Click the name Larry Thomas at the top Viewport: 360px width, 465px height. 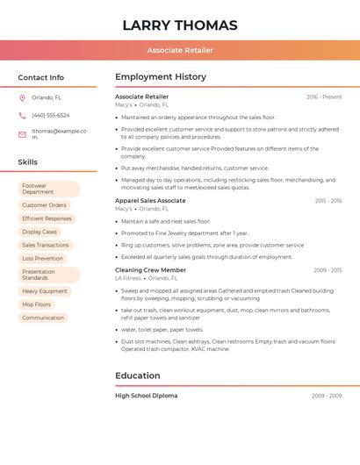coord(180,25)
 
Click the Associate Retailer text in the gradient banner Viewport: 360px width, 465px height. coord(180,50)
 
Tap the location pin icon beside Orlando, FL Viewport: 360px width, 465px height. coord(22,97)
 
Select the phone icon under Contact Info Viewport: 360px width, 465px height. coord(22,115)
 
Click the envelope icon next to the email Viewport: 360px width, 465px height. coord(22,134)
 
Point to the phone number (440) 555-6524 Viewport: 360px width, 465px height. coord(50,115)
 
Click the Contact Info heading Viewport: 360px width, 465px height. coord(40,77)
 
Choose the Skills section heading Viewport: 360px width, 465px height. coord(28,162)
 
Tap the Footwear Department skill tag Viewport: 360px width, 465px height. coord(47,189)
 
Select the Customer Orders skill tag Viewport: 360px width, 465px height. coord(44,205)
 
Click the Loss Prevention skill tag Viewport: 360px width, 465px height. coord(42,259)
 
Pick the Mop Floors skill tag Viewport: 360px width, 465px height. coord(37,304)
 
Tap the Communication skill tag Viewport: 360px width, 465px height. coord(43,318)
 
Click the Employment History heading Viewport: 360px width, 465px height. coord(161,77)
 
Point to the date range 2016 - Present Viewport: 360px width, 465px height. coord(323,97)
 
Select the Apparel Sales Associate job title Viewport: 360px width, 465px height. coord(150,201)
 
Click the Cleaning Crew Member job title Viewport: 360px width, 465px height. coord(150,270)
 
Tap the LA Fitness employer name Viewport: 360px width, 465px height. coord(128,278)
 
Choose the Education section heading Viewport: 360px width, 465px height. coord(138,376)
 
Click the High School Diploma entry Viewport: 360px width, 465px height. coord(147,396)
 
